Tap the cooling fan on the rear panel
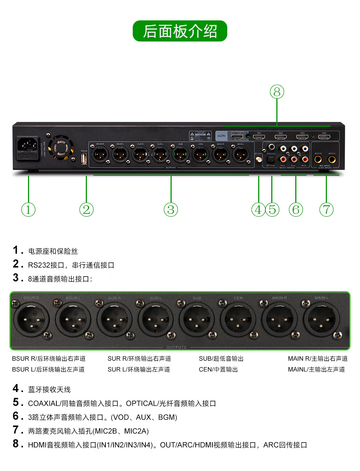tap(60, 147)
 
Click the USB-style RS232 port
tap(84, 159)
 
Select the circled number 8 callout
tap(277, 92)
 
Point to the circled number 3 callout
tap(171, 210)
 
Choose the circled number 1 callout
tap(28, 210)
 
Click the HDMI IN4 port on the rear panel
tap(324, 137)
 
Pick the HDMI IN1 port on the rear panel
tap(259, 137)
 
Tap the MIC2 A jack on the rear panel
tap(332, 159)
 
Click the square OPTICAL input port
tap(271, 159)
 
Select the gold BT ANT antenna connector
tap(259, 159)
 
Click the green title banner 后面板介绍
tap(180, 31)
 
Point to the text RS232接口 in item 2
tap(46, 265)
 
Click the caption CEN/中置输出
tap(218, 369)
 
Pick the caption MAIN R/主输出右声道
tap(317, 359)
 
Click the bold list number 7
tap(16, 430)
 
